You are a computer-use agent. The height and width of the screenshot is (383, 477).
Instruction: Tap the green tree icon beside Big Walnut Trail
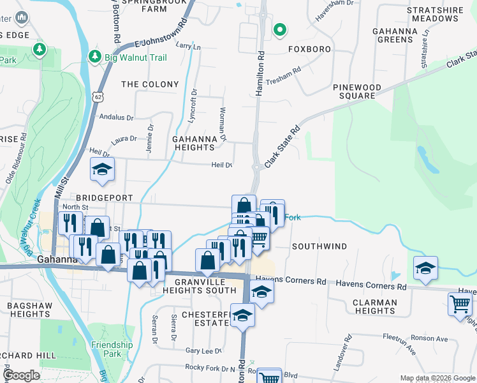point(96,57)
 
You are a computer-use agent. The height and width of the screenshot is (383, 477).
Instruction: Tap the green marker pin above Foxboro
point(279,29)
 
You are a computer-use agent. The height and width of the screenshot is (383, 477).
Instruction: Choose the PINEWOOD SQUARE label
point(357,91)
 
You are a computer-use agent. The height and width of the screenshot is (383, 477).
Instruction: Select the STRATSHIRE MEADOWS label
point(434,14)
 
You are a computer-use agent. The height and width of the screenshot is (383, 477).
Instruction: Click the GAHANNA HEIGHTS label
point(194,143)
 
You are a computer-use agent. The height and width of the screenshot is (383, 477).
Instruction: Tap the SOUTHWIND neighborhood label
point(319,246)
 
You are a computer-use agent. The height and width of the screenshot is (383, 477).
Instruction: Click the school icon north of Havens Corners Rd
point(425,268)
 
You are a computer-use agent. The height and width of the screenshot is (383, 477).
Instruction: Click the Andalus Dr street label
point(117,117)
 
